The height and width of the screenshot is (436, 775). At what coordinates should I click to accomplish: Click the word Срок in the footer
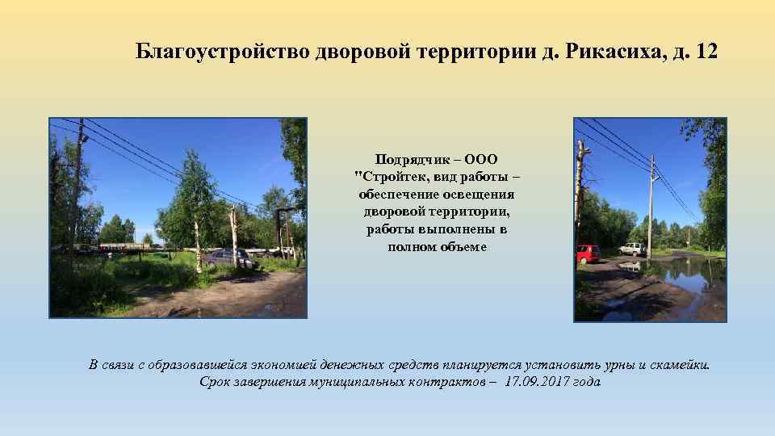point(216,382)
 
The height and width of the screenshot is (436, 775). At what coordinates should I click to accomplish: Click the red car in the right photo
point(589,254)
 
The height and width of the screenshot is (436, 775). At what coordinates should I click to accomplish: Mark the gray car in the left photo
point(226,258)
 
